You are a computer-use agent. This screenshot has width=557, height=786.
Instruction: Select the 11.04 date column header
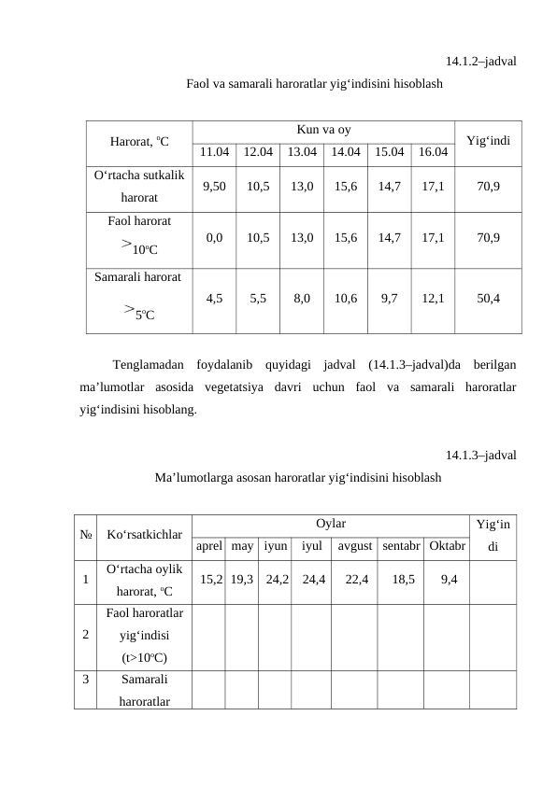(214, 150)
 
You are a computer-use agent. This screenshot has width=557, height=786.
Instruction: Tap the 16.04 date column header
(432, 150)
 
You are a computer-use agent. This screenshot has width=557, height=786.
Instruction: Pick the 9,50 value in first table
(214, 186)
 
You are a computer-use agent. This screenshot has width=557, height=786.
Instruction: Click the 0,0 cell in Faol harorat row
(214, 237)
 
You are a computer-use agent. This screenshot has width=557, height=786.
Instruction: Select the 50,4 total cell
(487, 299)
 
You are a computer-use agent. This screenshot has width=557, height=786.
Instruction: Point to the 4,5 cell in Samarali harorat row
(214, 299)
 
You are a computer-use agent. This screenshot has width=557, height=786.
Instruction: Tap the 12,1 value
(432, 299)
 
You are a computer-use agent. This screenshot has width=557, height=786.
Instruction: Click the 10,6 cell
(345, 299)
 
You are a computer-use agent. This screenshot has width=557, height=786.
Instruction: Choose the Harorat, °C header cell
(138, 142)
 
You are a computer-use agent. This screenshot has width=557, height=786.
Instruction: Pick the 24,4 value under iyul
(313, 580)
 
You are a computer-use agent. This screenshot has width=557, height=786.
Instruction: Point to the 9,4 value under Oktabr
(449, 580)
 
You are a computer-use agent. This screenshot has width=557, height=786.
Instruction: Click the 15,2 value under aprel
(211, 580)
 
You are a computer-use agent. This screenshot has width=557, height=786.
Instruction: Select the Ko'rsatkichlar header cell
(144, 535)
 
